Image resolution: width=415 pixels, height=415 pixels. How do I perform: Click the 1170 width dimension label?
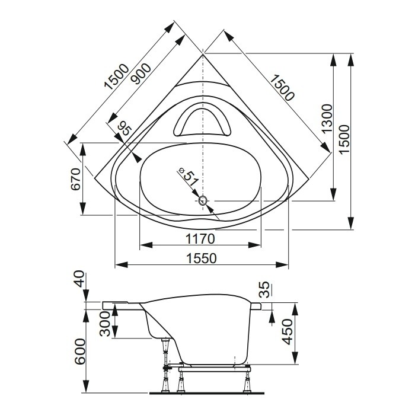pos(200,239)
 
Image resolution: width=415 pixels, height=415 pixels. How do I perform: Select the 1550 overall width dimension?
pos(202,258)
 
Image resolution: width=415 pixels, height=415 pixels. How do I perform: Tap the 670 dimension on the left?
pos(76,179)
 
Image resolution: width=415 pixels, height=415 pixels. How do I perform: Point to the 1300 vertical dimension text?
pos(327,119)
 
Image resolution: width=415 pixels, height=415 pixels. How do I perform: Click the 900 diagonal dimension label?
pos(142,74)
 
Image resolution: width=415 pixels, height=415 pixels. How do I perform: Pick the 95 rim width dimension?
pos(125,129)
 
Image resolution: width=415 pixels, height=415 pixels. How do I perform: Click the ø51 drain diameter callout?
pos(189,176)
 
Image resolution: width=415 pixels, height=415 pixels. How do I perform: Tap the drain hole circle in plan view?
pos(203,200)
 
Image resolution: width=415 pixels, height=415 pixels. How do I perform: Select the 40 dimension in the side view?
pos(80,279)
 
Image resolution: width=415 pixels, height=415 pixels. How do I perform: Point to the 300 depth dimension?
pos(106,324)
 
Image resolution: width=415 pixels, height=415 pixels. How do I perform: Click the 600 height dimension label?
pos(80,352)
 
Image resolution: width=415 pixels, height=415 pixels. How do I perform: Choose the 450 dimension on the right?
pos(288,332)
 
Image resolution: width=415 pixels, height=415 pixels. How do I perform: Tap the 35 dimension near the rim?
pos(264,290)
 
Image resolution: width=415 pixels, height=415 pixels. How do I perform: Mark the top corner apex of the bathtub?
pos(203,54)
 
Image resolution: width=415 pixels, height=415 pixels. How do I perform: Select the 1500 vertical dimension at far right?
pos(345,139)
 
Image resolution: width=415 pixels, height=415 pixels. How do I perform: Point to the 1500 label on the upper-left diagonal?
pos(117,76)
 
